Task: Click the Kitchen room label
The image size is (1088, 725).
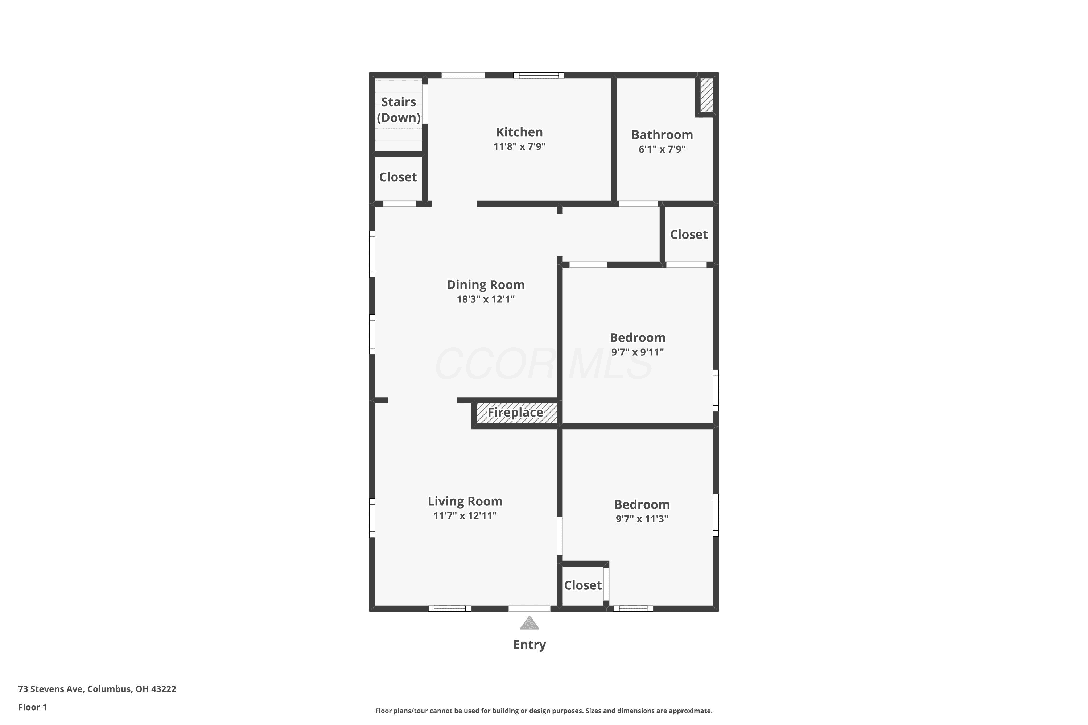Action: [519, 132]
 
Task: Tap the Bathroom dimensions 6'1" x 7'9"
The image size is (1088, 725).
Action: [662, 149]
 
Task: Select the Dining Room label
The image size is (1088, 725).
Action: [485, 285]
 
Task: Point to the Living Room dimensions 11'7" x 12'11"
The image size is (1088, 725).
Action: [465, 515]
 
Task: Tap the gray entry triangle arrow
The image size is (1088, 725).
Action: [529, 623]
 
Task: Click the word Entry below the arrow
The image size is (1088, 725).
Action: [529, 645]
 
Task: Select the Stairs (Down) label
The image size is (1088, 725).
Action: [398, 109]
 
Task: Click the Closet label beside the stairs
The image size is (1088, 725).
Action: [398, 177]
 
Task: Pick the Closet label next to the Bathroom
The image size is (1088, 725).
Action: [689, 235]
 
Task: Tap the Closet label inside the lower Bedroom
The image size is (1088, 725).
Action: [583, 585]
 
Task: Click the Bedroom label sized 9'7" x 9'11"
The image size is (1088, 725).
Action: [638, 337]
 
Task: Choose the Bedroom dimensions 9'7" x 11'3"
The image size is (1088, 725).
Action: [642, 519]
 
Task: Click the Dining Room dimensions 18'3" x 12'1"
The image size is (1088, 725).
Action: [486, 299]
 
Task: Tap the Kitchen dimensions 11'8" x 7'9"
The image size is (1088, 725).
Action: [519, 146]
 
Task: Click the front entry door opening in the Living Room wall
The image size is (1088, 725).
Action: [529, 609]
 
